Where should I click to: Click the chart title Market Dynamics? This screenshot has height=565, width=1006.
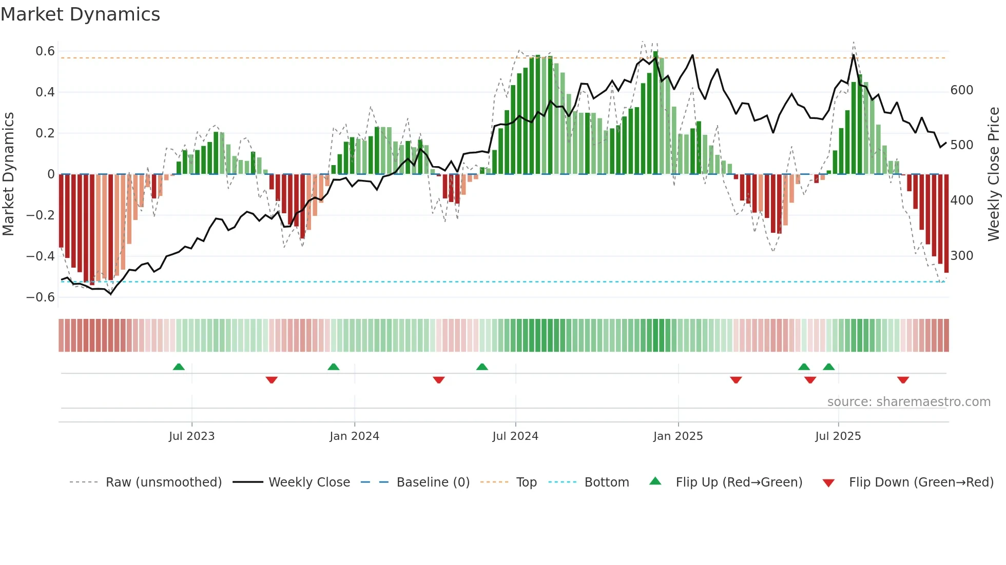point(81,14)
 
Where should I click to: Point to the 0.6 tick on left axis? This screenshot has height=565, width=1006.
point(45,51)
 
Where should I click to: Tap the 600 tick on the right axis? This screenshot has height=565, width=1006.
point(961,90)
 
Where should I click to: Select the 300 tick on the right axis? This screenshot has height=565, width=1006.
point(961,256)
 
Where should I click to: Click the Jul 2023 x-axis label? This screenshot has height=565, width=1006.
point(191,436)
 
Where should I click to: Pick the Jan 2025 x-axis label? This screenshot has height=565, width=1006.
point(678,436)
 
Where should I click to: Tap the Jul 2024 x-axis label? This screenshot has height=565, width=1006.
point(515,436)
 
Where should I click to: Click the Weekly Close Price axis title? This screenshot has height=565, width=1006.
point(994,174)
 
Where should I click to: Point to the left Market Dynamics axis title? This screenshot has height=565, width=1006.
point(8,174)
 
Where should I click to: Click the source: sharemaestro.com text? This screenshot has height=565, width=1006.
point(908,402)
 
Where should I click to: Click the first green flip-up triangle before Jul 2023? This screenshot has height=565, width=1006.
point(179,367)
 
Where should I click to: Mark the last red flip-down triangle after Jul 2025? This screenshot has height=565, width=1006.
point(903,380)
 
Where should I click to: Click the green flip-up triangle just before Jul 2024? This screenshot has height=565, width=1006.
point(482,367)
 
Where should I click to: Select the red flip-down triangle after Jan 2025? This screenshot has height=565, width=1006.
point(736,380)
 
